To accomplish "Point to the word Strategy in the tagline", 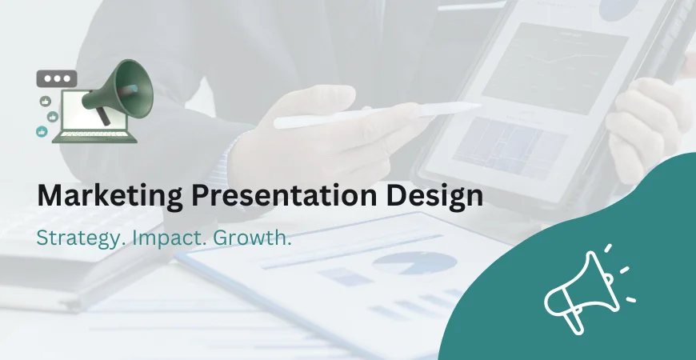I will pos(76,238).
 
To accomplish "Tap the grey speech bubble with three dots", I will pos(57,79).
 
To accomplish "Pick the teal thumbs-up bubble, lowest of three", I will pos(42,131).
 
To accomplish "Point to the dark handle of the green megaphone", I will pos(102,118).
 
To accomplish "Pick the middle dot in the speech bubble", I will pos(57,79).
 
